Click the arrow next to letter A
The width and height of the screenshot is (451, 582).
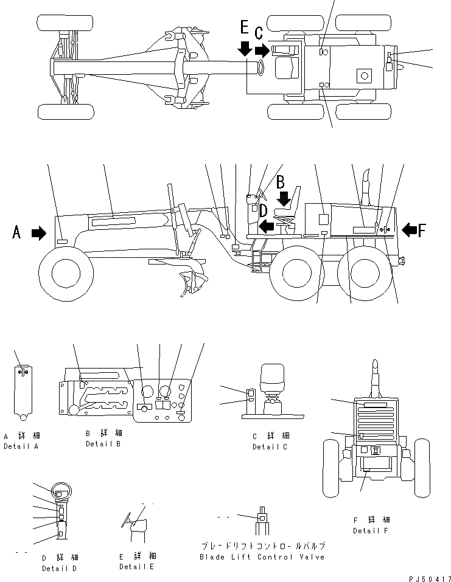[39, 233]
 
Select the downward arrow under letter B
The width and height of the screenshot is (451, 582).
[284, 198]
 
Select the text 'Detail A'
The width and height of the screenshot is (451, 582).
[21, 446]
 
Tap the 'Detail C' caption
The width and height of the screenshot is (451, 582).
[270, 447]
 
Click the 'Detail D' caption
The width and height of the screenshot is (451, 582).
[59, 568]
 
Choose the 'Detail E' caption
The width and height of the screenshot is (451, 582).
[136, 567]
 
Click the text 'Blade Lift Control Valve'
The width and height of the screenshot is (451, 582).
[262, 556]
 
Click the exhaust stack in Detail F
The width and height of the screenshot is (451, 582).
[375, 377]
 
